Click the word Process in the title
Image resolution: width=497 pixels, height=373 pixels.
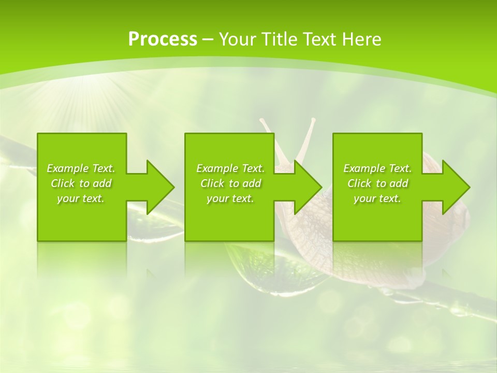tap(163, 39)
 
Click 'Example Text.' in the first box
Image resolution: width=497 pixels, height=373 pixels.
tap(81, 168)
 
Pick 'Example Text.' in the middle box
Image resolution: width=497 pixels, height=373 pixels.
tap(230, 168)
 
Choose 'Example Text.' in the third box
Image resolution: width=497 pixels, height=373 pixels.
tap(377, 168)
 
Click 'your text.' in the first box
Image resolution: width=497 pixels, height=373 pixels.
tap(81, 198)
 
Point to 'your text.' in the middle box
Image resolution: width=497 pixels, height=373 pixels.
tap(230, 198)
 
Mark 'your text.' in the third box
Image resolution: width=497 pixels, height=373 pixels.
tap(377, 198)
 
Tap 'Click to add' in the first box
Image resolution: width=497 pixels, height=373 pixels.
tap(81, 183)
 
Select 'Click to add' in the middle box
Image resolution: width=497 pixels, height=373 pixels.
tap(230, 183)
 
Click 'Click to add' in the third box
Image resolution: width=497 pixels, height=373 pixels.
tap(377, 183)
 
